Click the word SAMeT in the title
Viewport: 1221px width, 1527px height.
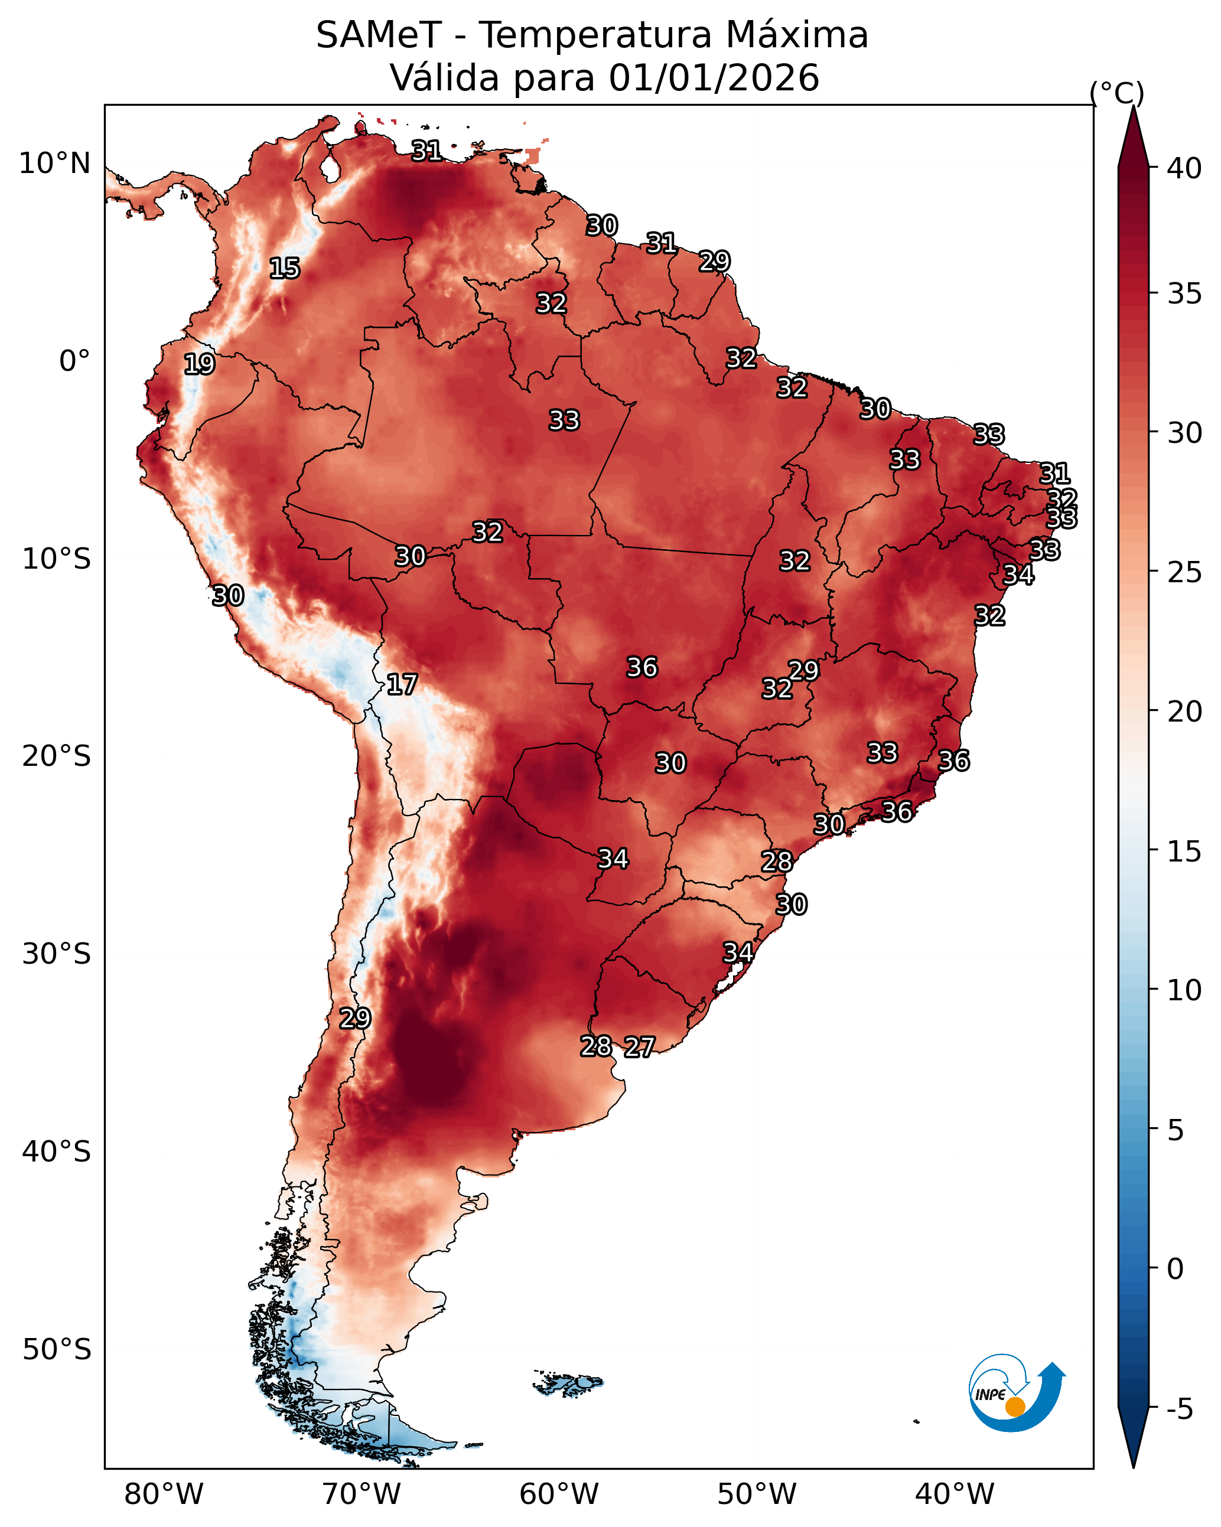(379, 35)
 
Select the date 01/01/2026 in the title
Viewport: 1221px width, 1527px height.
(714, 78)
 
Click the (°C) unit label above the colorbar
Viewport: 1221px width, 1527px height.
(1116, 93)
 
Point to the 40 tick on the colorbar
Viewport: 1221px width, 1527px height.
(1184, 168)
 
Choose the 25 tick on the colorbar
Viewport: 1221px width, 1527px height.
(1184, 572)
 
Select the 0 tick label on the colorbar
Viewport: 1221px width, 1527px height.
(1175, 1269)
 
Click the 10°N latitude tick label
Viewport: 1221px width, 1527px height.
(54, 164)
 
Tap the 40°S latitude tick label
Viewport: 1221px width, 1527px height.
(57, 1152)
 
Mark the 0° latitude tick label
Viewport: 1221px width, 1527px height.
(75, 361)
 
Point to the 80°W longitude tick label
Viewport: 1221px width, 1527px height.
(164, 1494)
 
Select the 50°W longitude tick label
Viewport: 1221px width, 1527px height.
(757, 1494)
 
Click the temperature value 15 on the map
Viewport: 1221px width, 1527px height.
(285, 269)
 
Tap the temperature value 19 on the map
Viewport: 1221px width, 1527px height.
(199, 364)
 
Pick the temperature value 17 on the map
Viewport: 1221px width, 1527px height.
(402, 684)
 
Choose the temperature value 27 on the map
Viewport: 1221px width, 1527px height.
(639, 1047)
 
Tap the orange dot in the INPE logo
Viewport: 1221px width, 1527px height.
(1015, 1407)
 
